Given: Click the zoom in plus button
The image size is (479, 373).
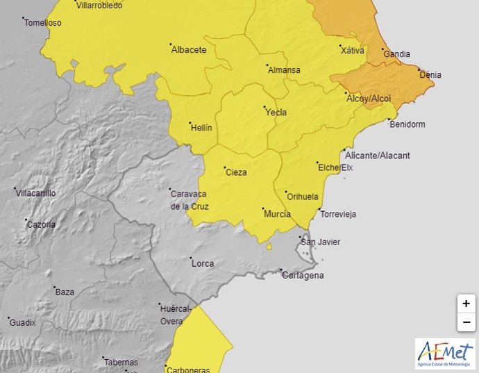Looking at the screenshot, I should pyautogui.click(x=466, y=304).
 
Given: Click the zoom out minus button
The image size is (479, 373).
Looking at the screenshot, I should pyautogui.click(x=466, y=322).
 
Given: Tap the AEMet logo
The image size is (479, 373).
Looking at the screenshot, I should pyautogui.click(x=445, y=354).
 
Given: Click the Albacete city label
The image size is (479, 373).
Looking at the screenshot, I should pyautogui.click(x=189, y=50).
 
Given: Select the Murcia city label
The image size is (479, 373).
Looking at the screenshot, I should pyautogui.click(x=277, y=214).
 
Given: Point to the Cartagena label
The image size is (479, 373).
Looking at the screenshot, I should pyautogui.click(x=303, y=276).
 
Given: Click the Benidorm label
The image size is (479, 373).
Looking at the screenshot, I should pyautogui.click(x=407, y=125).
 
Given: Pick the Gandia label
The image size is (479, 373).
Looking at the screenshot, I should pyautogui.click(x=396, y=54).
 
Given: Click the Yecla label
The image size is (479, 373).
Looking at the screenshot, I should pyautogui.click(x=276, y=113).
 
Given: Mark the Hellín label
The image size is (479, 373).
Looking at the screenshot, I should pyautogui.click(x=201, y=128).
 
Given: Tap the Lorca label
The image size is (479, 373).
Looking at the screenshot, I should pyautogui.click(x=202, y=264).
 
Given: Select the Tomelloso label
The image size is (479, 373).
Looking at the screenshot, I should pyautogui.click(x=43, y=23).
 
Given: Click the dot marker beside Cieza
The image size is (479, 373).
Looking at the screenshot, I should pyautogui.click(x=221, y=169).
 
